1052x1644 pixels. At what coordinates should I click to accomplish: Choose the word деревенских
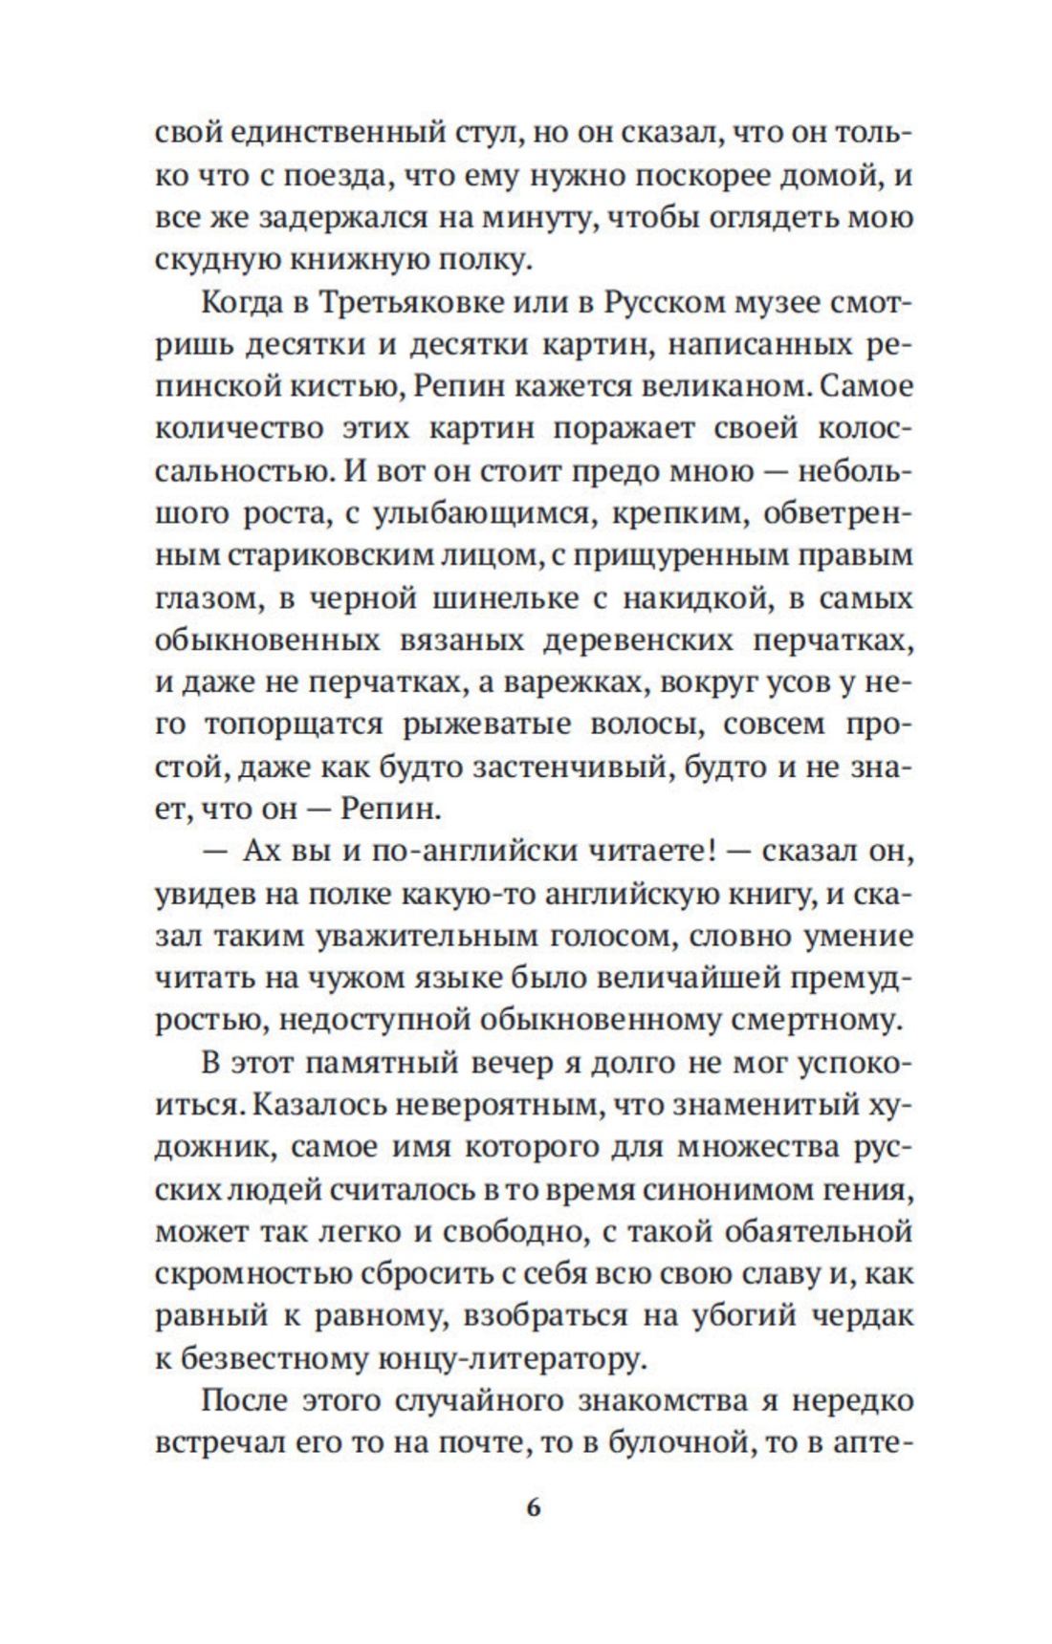tap(638, 639)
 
